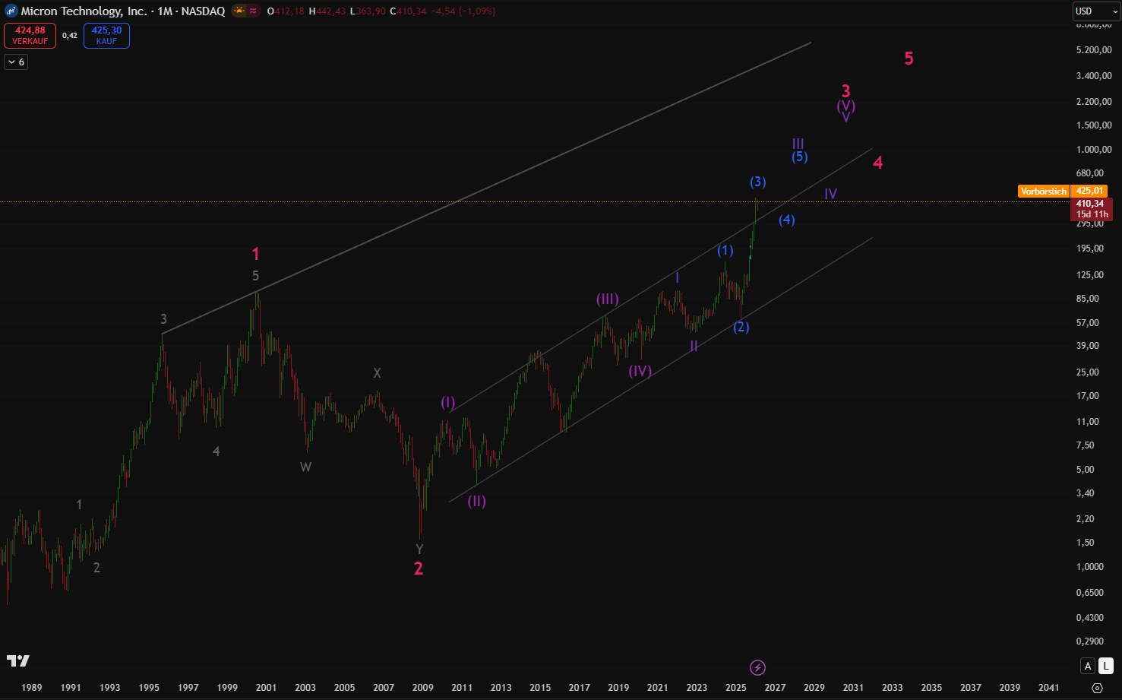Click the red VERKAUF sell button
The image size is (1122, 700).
click(30, 36)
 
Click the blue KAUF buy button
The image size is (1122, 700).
click(106, 36)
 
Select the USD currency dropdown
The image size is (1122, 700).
click(1092, 11)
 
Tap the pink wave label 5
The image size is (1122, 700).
click(909, 59)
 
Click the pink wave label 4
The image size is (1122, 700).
click(877, 163)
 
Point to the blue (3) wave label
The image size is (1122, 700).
click(757, 182)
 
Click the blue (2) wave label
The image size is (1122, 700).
click(741, 327)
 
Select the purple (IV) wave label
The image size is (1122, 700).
click(640, 371)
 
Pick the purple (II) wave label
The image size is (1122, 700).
click(476, 501)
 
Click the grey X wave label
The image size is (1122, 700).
click(377, 373)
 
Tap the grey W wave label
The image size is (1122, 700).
click(305, 467)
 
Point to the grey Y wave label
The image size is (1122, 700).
click(419, 550)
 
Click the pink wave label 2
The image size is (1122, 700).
click(418, 569)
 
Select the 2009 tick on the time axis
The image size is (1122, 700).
click(422, 687)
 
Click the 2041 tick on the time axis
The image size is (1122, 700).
click(1048, 687)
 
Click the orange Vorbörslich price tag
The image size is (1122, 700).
click(1043, 192)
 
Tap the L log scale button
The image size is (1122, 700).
click(1106, 666)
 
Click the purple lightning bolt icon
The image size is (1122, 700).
click(757, 667)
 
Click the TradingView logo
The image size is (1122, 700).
click(18, 661)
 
